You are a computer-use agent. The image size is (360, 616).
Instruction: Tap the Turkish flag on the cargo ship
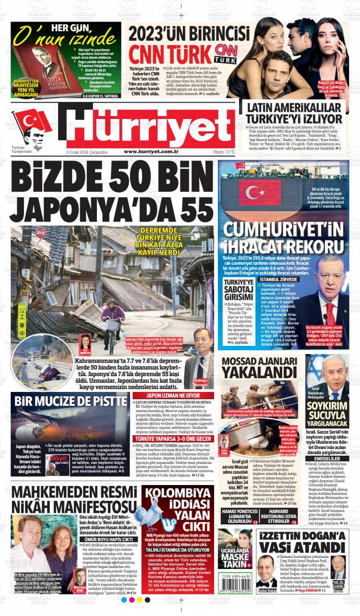pos(260,191)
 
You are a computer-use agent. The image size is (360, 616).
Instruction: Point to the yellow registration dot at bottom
pos(140,600)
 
